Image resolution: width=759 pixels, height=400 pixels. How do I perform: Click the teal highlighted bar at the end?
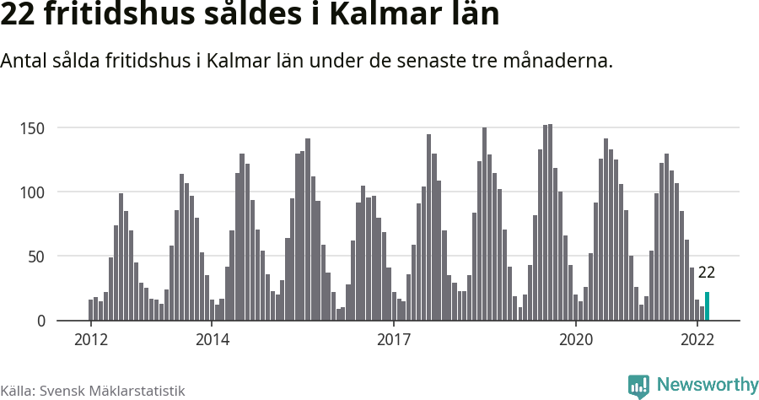click(708, 306)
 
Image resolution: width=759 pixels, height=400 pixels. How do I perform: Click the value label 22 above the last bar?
click(707, 273)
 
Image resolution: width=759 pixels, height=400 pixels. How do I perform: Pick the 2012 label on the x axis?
click(91, 340)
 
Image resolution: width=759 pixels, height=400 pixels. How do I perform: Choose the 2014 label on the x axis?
click(213, 340)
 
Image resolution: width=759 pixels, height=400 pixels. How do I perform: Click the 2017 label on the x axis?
click(394, 340)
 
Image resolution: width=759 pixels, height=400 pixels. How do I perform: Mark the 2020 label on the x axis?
click(576, 340)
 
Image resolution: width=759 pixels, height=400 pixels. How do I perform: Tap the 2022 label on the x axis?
click(697, 340)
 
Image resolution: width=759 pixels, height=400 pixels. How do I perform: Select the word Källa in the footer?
click(17, 391)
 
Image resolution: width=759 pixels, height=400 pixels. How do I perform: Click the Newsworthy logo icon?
click(638, 386)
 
